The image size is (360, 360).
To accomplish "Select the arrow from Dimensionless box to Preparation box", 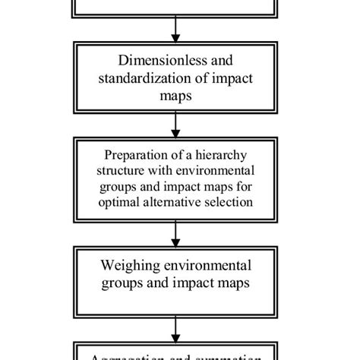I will [x=176, y=123].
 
